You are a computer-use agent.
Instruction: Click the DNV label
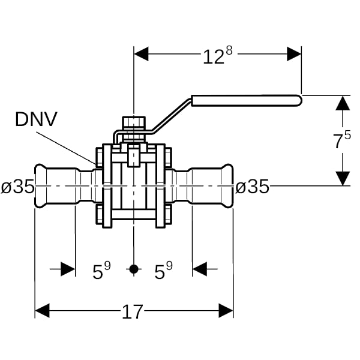pos(36,119)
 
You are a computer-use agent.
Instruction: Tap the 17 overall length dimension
pos(132,312)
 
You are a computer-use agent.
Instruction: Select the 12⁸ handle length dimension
pos(218,55)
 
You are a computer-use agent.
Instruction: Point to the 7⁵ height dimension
pos(342,140)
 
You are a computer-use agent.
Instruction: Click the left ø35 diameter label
pos(17,186)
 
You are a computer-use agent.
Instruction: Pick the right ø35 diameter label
pos(252,186)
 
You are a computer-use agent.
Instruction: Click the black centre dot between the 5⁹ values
pos(134,269)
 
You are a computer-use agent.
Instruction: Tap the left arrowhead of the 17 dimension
pos(42,311)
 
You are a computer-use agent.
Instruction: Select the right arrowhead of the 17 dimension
pos(226,311)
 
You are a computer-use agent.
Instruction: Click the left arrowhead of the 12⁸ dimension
pos(141,54)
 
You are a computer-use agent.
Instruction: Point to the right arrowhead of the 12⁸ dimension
pos(294,54)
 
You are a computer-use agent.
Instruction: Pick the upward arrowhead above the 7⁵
pos(343,103)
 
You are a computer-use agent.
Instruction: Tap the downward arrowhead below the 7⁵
pos(343,178)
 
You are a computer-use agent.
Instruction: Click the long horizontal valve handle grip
pos(247,101)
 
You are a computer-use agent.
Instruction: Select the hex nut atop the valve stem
pos(134,122)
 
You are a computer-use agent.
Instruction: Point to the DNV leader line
pos(66,148)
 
